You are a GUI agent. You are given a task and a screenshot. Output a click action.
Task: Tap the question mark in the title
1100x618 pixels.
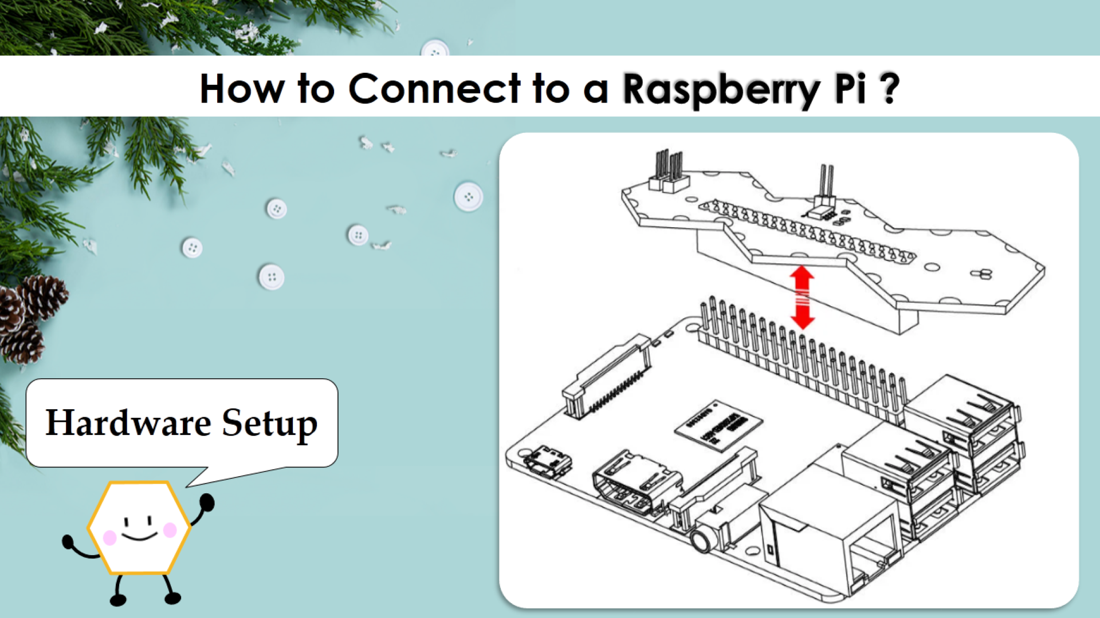889,88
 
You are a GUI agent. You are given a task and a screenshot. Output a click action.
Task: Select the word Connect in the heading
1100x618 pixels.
434,89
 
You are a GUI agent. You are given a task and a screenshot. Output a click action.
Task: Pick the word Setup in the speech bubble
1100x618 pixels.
269,424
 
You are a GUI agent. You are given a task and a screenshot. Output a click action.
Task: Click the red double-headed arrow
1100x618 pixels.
802,297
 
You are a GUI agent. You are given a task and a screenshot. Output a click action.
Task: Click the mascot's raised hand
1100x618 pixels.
207,502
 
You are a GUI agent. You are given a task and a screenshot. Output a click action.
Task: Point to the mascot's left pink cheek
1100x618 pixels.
109,537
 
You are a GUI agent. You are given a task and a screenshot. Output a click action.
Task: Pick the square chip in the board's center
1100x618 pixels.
718,425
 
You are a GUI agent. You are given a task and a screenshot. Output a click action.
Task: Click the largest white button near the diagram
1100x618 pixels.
468,196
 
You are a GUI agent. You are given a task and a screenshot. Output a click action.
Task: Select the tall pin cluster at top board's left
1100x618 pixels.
668,170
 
